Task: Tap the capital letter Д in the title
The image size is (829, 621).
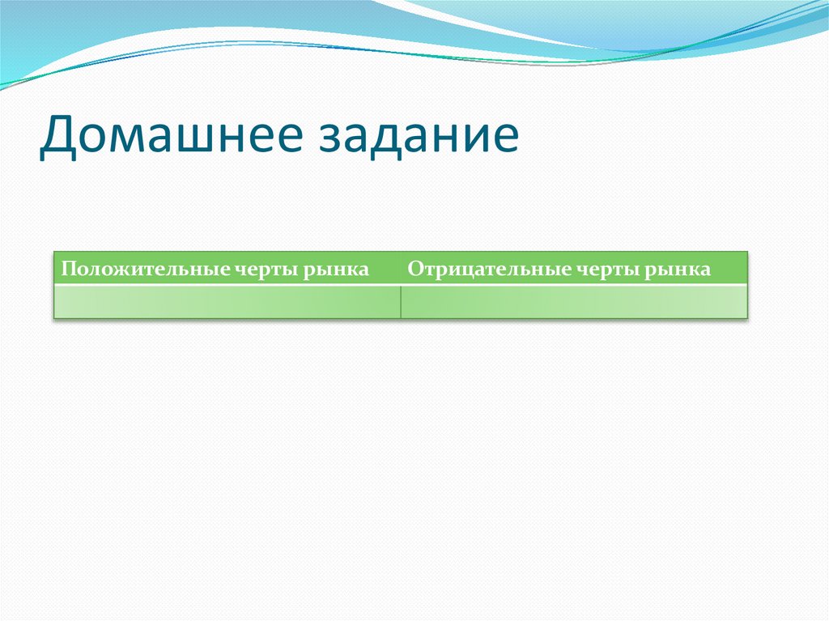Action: (59, 135)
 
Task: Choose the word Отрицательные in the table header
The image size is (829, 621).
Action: (469, 269)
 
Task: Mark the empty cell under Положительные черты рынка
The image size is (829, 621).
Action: (227, 302)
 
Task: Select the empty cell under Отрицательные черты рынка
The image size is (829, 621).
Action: (573, 302)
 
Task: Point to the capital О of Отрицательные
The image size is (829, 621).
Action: (414, 269)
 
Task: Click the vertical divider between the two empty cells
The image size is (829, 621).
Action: (401, 302)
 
